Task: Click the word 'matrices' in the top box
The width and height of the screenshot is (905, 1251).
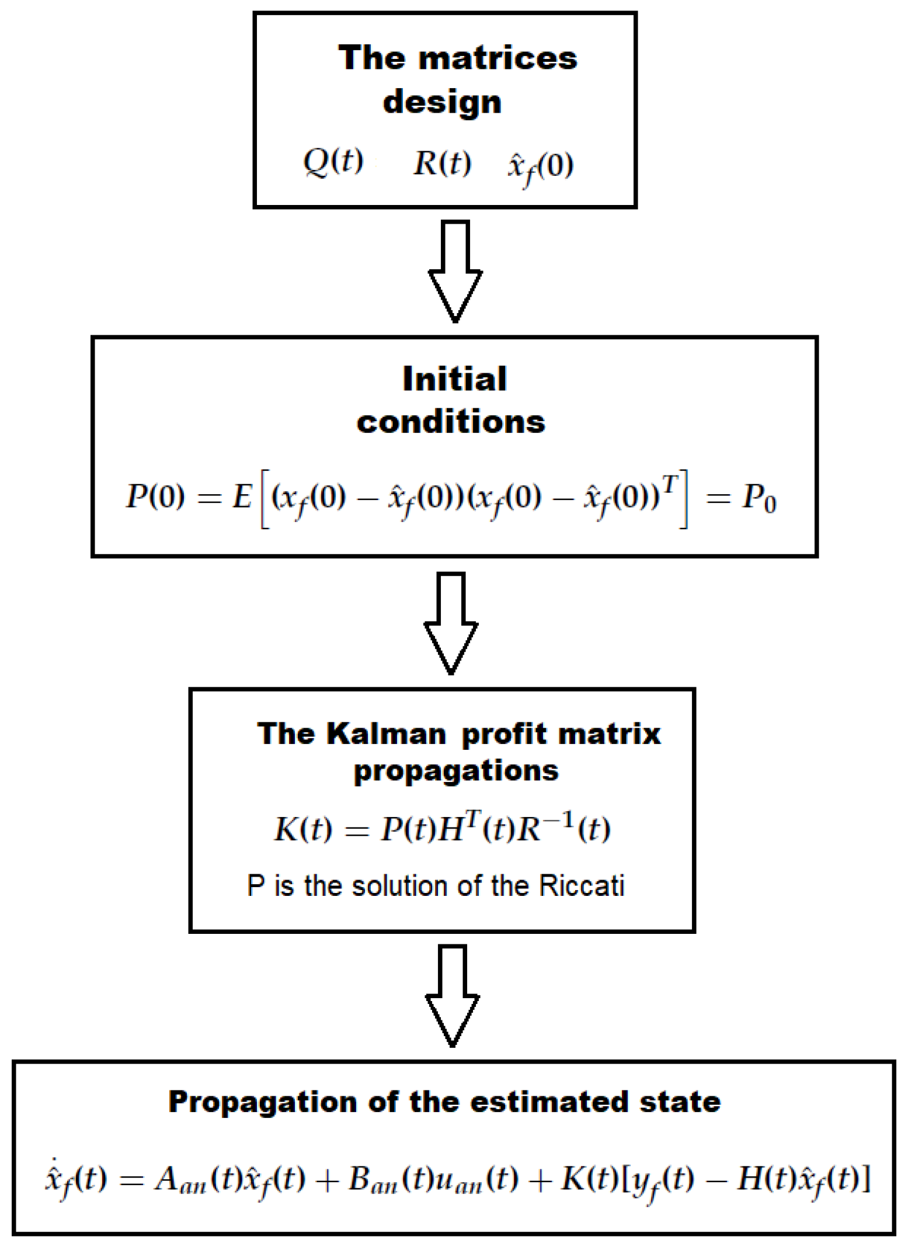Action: click(x=498, y=58)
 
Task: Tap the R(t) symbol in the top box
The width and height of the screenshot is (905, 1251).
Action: click(x=442, y=163)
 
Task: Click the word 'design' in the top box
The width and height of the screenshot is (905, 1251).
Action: click(x=442, y=103)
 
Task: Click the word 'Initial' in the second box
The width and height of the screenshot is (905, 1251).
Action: click(x=454, y=379)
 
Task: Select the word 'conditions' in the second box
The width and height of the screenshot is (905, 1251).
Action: click(x=451, y=422)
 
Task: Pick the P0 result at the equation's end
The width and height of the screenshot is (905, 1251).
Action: click(x=758, y=499)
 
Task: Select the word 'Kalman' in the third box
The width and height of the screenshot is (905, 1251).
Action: click(x=387, y=734)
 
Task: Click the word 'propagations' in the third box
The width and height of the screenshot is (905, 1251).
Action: click(x=456, y=771)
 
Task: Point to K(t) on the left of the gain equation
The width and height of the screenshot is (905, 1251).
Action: click(x=303, y=829)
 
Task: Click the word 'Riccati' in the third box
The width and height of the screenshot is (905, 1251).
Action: click(x=581, y=886)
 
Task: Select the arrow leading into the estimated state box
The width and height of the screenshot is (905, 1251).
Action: click(x=452, y=995)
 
